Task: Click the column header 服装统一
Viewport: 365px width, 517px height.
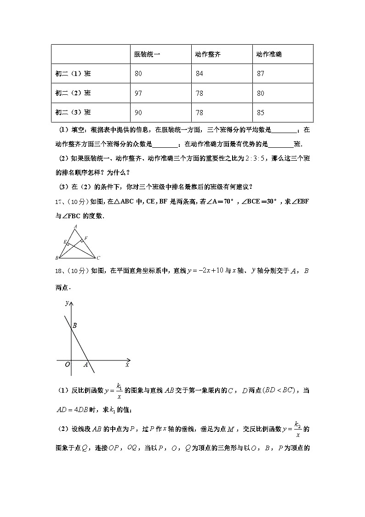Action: tap(147, 54)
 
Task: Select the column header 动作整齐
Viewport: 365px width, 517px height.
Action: tap(208, 54)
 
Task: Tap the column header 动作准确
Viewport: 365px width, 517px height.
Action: tap(269, 54)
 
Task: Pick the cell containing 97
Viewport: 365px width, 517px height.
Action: tap(138, 93)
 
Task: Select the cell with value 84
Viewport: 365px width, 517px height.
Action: tap(199, 74)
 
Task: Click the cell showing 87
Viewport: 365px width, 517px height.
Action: tap(261, 74)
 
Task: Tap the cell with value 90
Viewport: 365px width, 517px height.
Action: tap(138, 112)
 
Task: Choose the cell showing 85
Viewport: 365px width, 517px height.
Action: tap(261, 112)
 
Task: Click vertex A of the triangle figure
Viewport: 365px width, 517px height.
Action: tap(75, 227)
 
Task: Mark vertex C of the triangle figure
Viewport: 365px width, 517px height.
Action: tap(98, 258)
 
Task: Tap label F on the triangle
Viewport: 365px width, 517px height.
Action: tap(86, 238)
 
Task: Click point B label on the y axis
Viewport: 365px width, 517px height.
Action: tap(74, 325)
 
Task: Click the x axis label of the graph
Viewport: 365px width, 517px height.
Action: tap(127, 365)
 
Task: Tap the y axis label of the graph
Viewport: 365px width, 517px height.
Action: tap(67, 302)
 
